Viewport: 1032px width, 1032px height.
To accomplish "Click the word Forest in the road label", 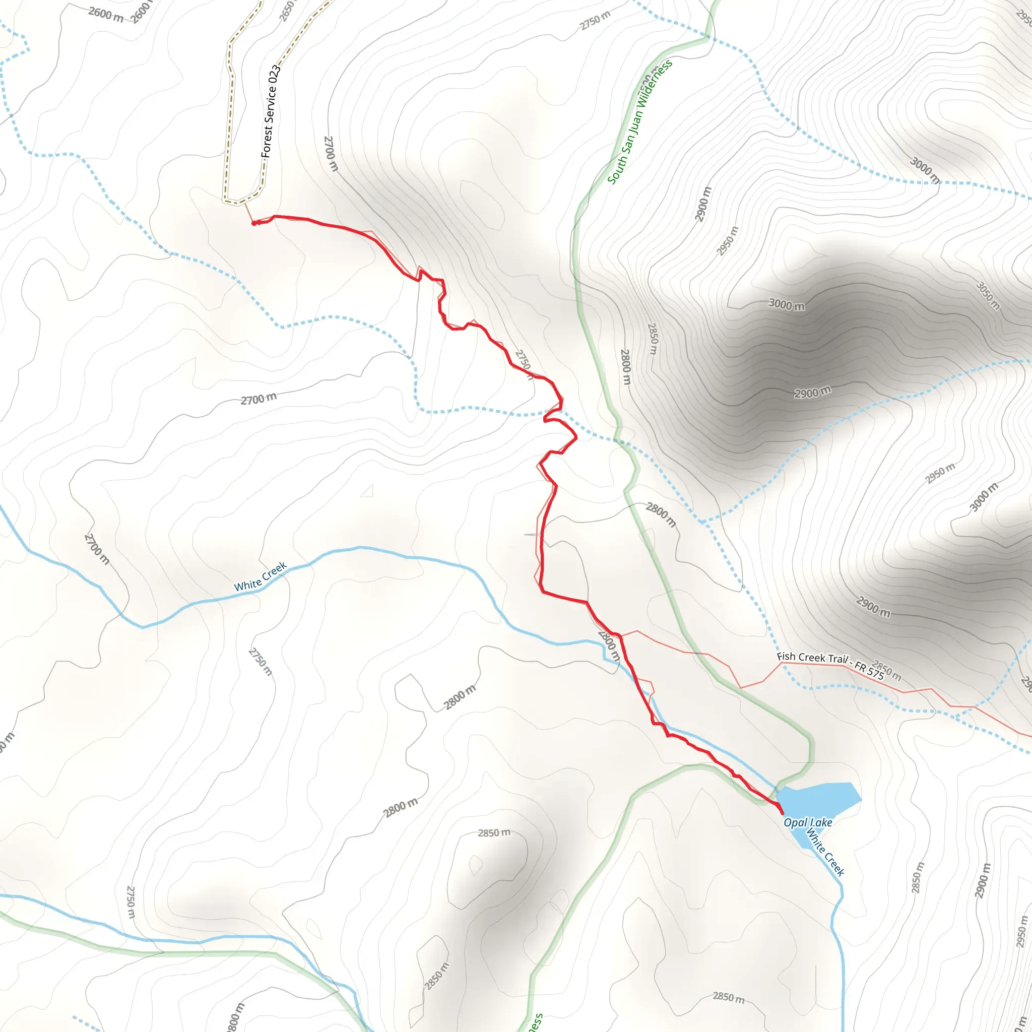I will (x=267, y=141).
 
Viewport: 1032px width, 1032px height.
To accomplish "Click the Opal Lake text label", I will (x=808, y=822).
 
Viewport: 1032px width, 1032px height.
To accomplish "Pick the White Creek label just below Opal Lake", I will (x=826, y=853).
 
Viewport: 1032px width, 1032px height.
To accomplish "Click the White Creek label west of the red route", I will (x=261, y=577).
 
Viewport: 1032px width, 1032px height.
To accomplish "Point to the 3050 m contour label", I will (x=988, y=295).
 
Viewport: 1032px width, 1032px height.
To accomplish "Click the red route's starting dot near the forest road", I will (x=254, y=223).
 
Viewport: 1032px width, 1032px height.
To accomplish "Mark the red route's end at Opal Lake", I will (x=782, y=813).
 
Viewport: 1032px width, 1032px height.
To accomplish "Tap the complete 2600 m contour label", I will (x=106, y=15).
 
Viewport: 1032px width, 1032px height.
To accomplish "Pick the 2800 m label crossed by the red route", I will (x=609, y=646).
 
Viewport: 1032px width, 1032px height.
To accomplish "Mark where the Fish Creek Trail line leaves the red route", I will (x=621, y=635).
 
